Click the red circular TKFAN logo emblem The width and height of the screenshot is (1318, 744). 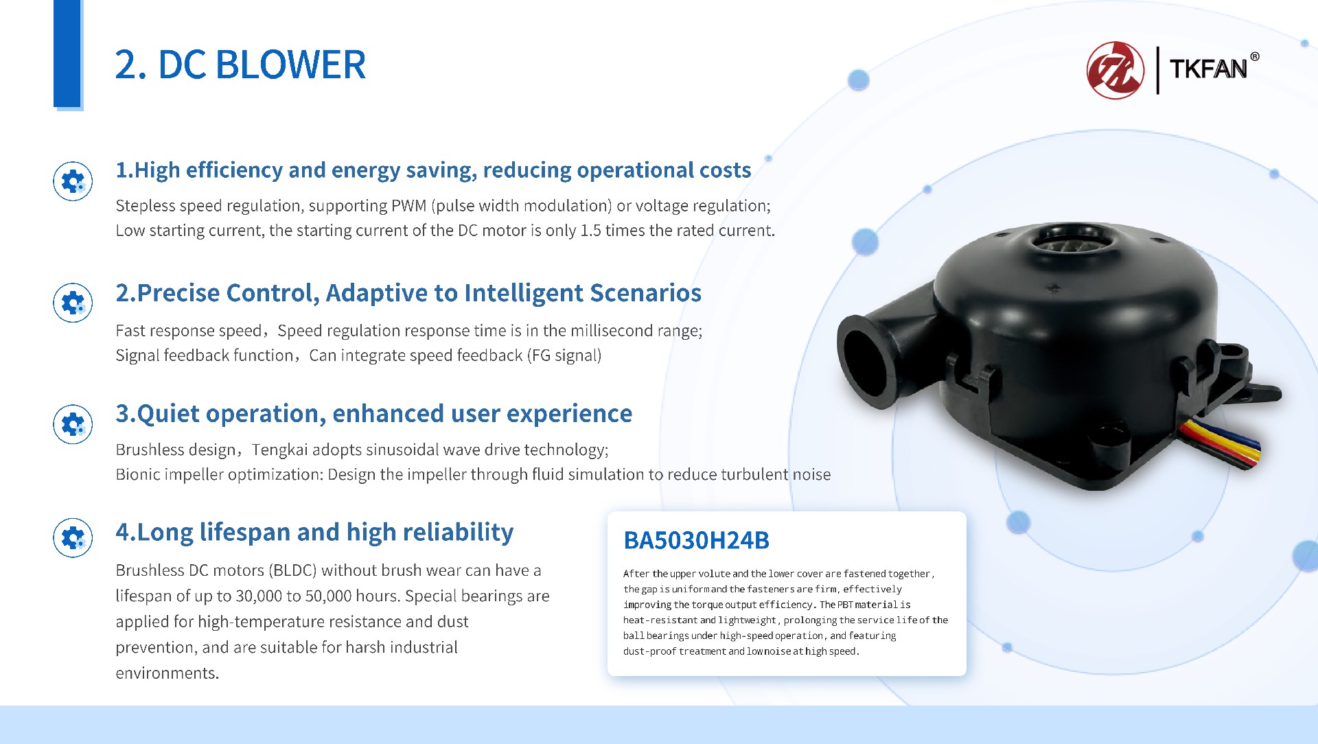pos(1115,70)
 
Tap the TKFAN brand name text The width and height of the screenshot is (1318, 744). pos(1208,69)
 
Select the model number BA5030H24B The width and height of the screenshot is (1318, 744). pos(696,541)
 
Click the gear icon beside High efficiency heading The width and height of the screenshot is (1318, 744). pos(73,181)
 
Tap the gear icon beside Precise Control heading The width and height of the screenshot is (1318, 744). pos(73,303)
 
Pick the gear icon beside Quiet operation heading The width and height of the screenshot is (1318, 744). pos(73,424)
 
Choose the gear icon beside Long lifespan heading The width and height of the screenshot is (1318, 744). pos(73,538)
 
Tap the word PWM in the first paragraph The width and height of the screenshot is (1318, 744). pos(409,206)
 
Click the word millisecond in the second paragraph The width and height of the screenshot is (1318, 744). pos(609,331)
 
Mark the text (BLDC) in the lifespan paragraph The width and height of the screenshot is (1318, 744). pos(292,571)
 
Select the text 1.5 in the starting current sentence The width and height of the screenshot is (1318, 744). pos(590,231)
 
